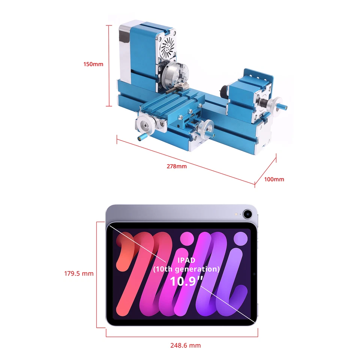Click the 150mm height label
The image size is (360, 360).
point(93,64)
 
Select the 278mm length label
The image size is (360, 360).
point(176,166)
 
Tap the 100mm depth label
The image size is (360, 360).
point(274,179)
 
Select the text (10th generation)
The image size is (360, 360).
point(186,269)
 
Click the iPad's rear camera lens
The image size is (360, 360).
point(247,214)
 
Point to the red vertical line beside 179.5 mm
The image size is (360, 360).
point(97,274)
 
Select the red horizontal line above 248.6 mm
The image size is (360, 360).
point(182,336)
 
